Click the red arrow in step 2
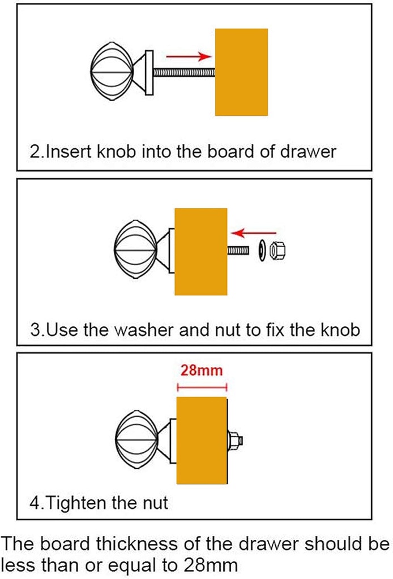click(x=188, y=56)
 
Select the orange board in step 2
click(x=241, y=72)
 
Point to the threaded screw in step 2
click(x=184, y=72)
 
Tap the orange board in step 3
click(x=201, y=251)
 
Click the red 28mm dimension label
click(x=202, y=371)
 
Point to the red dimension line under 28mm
click(x=202, y=387)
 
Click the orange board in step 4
click(x=202, y=440)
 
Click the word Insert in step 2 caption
click(x=67, y=152)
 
